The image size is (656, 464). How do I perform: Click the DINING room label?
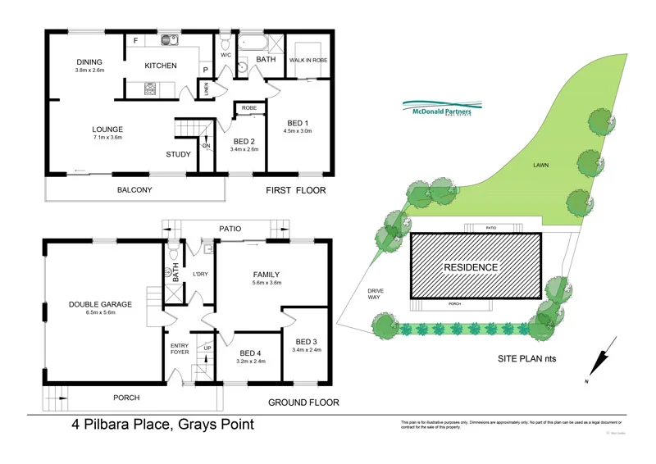click(89, 61)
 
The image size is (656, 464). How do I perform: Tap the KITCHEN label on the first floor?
click(161, 66)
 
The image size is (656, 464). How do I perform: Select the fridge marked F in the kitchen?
click(135, 40)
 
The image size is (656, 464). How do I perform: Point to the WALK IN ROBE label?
click(308, 60)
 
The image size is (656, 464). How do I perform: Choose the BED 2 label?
click(245, 140)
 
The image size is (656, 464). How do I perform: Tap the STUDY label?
click(178, 154)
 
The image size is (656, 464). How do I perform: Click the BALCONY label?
click(135, 190)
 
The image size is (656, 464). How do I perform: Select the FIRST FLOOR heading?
click(296, 190)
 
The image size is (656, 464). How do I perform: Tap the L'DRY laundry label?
click(201, 273)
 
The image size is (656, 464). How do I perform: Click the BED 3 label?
click(306, 341)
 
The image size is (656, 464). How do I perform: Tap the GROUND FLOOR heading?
click(303, 403)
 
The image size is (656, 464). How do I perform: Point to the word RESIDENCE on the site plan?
click(471, 267)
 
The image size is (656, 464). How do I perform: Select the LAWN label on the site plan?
click(540, 165)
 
